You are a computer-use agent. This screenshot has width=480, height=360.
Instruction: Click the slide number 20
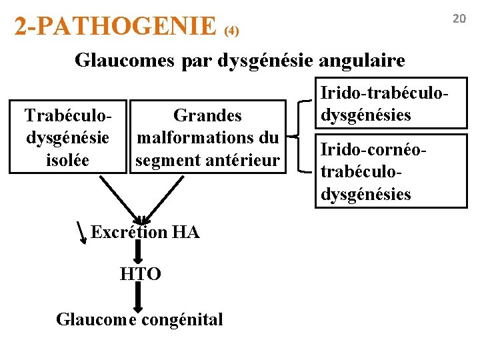coord(459,19)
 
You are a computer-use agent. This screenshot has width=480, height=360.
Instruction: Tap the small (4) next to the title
coord(231,31)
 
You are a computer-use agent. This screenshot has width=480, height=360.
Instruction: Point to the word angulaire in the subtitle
coord(362,61)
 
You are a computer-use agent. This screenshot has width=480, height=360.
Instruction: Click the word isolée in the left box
coord(67,159)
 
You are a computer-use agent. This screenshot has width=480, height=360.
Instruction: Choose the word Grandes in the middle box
coord(207,116)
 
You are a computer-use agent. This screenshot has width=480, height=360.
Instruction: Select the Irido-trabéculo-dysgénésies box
coord(391,105)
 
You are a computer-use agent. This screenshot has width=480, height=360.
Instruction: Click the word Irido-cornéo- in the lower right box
coord(371,149)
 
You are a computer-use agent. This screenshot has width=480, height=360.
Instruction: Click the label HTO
coord(140,273)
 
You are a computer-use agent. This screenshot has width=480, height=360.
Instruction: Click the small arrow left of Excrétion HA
coord(83,233)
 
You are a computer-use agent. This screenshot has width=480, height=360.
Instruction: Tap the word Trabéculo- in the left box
coord(67,116)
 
